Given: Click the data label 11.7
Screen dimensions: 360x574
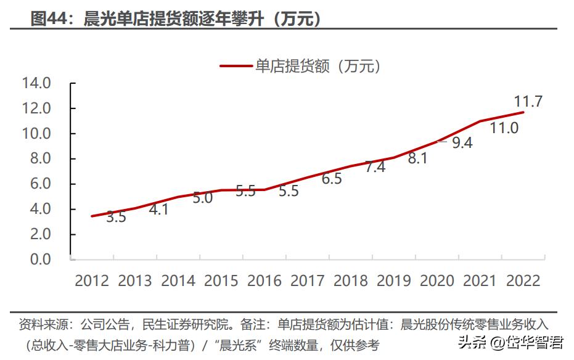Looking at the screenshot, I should pyautogui.click(x=528, y=102).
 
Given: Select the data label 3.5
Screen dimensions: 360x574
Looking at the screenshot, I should pyautogui.click(x=116, y=217).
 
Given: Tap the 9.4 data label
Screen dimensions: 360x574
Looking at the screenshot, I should pyautogui.click(x=462, y=143).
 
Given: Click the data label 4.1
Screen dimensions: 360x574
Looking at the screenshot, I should pyautogui.click(x=158, y=209).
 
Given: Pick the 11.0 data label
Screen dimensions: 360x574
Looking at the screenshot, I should pyautogui.click(x=504, y=128).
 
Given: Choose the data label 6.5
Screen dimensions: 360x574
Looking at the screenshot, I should pyautogui.click(x=332, y=179).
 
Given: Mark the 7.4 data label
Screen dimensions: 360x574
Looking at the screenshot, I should pyautogui.click(x=375, y=167).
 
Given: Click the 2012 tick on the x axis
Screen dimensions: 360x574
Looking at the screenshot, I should pyautogui.click(x=92, y=281).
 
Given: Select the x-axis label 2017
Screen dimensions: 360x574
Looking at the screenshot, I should pyautogui.click(x=308, y=281).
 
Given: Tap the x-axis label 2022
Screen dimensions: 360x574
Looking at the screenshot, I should pyautogui.click(x=523, y=281).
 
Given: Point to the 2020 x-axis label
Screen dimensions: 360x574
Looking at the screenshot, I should pyautogui.click(x=437, y=281).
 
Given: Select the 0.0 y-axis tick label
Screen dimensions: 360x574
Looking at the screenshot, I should pyautogui.click(x=39, y=260).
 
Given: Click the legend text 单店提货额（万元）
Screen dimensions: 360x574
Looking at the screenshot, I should pyautogui.click(x=318, y=66).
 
